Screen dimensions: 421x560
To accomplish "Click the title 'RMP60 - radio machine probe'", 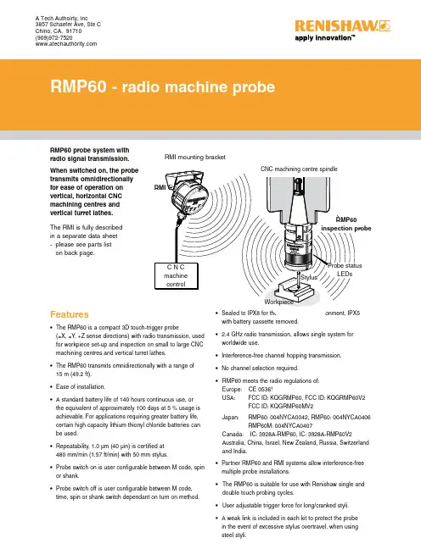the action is tap(163, 86).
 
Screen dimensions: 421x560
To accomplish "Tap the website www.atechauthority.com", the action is tap(66, 44).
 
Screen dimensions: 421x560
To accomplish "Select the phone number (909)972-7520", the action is tap(54, 37).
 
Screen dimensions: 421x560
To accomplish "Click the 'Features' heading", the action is tap(70, 314).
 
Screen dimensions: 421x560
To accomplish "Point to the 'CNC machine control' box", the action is tap(176, 275).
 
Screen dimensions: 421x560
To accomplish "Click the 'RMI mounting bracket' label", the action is tap(195, 157).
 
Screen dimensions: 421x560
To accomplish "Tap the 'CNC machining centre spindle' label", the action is tap(299, 169).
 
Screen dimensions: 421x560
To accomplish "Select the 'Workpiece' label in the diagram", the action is tap(278, 302).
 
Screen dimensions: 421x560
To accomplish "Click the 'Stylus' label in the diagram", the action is tap(309, 277).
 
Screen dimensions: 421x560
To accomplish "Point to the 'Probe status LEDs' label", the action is tap(345, 269).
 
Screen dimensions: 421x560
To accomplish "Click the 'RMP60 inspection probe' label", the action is tap(346, 224).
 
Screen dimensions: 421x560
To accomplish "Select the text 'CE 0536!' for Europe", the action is tap(261, 389).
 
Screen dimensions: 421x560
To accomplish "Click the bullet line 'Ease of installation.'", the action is tap(81, 387).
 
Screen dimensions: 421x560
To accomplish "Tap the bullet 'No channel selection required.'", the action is tap(260, 368).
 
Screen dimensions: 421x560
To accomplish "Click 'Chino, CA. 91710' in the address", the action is tap(59, 31).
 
